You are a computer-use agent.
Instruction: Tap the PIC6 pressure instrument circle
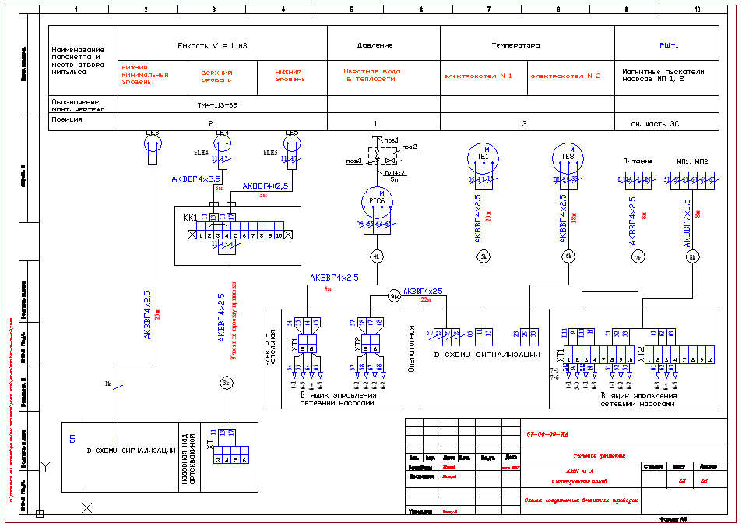(x=376, y=202)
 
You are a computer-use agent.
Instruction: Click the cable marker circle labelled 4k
(x=376, y=256)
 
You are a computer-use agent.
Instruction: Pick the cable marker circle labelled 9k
(x=394, y=295)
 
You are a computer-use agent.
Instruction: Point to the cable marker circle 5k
(x=483, y=256)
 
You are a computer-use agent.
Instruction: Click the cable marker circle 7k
(x=638, y=256)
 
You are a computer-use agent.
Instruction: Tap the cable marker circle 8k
(x=691, y=256)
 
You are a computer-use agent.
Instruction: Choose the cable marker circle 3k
(x=226, y=383)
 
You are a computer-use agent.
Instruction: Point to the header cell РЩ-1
(x=669, y=46)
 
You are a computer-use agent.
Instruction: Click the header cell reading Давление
(x=375, y=46)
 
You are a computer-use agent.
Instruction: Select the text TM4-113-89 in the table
(x=213, y=104)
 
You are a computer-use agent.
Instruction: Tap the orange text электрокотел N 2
(x=566, y=76)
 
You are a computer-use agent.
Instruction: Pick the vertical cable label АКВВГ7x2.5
(x=687, y=221)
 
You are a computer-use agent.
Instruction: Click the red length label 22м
(x=426, y=299)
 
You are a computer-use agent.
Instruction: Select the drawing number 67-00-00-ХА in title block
(x=547, y=434)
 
